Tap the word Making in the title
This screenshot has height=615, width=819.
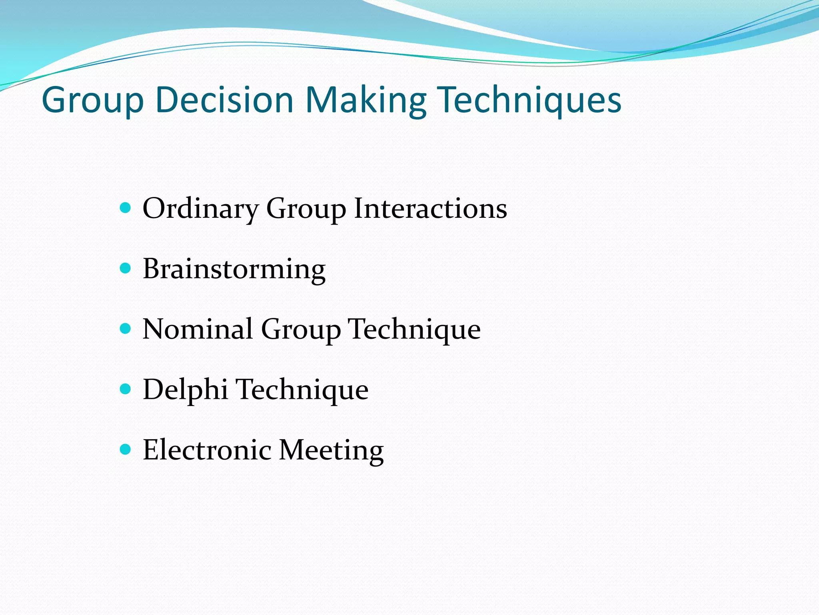click(x=366, y=100)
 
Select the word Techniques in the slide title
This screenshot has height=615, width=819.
click(x=529, y=100)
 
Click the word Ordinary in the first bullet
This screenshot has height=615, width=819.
click(x=200, y=209)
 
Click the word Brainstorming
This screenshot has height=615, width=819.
click(x=234, y=269)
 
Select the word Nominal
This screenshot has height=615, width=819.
click(x=198, y=329)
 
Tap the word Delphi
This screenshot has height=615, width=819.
click(x=185, y=390)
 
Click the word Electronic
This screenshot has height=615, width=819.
click(x=207, y=450)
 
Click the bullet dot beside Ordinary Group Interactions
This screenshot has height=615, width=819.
click(x=126, y=208)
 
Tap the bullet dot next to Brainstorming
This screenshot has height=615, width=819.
click(x=126, y=268)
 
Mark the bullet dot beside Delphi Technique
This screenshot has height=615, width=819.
click(x=126, y=389)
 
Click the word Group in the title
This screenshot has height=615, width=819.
click(x=92, y=100)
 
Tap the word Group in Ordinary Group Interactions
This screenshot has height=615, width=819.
click(x=306, y=209)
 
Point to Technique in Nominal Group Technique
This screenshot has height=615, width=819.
click(x=414, y=330)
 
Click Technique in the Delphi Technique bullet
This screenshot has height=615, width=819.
click(x=302, y=390)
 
